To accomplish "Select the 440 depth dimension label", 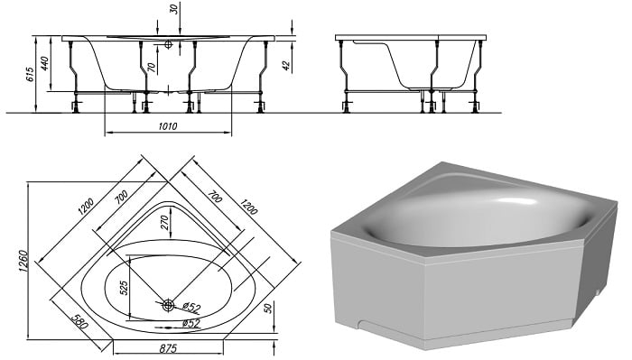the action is coord(44,63).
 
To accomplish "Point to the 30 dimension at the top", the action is coord(174,8).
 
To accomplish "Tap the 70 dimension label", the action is coord(151,67).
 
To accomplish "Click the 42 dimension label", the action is coord(286,66).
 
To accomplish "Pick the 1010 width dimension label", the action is coord(168,126).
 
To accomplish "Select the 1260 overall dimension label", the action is coord(23,261).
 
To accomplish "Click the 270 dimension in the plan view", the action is coord(165,222).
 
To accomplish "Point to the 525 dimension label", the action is coord(124,288).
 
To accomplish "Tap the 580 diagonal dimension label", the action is coord(79,321).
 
